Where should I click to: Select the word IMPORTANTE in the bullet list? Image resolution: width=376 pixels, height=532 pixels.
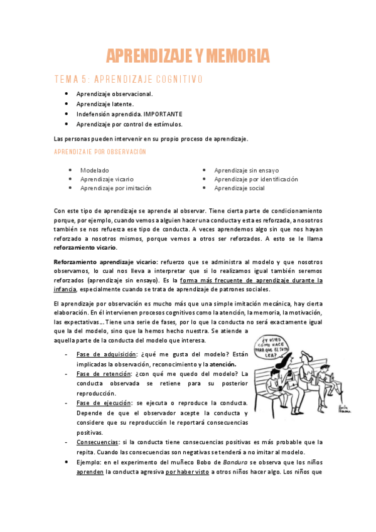click(x=163, y=114)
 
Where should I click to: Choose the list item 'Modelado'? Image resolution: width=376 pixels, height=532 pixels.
click(x=95, y=170)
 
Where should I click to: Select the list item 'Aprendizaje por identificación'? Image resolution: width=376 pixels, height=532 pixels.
click(x=256, y=179)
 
